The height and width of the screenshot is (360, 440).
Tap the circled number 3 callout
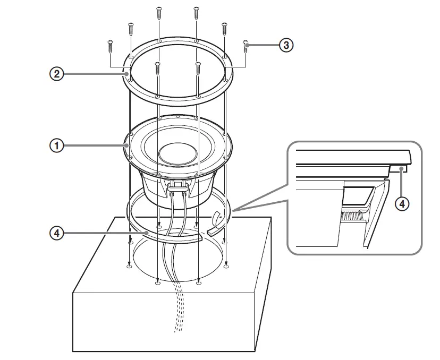coord(286,45)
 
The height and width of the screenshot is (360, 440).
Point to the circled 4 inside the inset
coord(402,203)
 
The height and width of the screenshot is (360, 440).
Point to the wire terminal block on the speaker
coord(178,185)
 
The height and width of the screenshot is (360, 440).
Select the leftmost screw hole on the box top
coord(129,267)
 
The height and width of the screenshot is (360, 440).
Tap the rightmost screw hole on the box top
coord(227,267)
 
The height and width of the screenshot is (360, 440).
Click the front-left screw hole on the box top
coord(157,284)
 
